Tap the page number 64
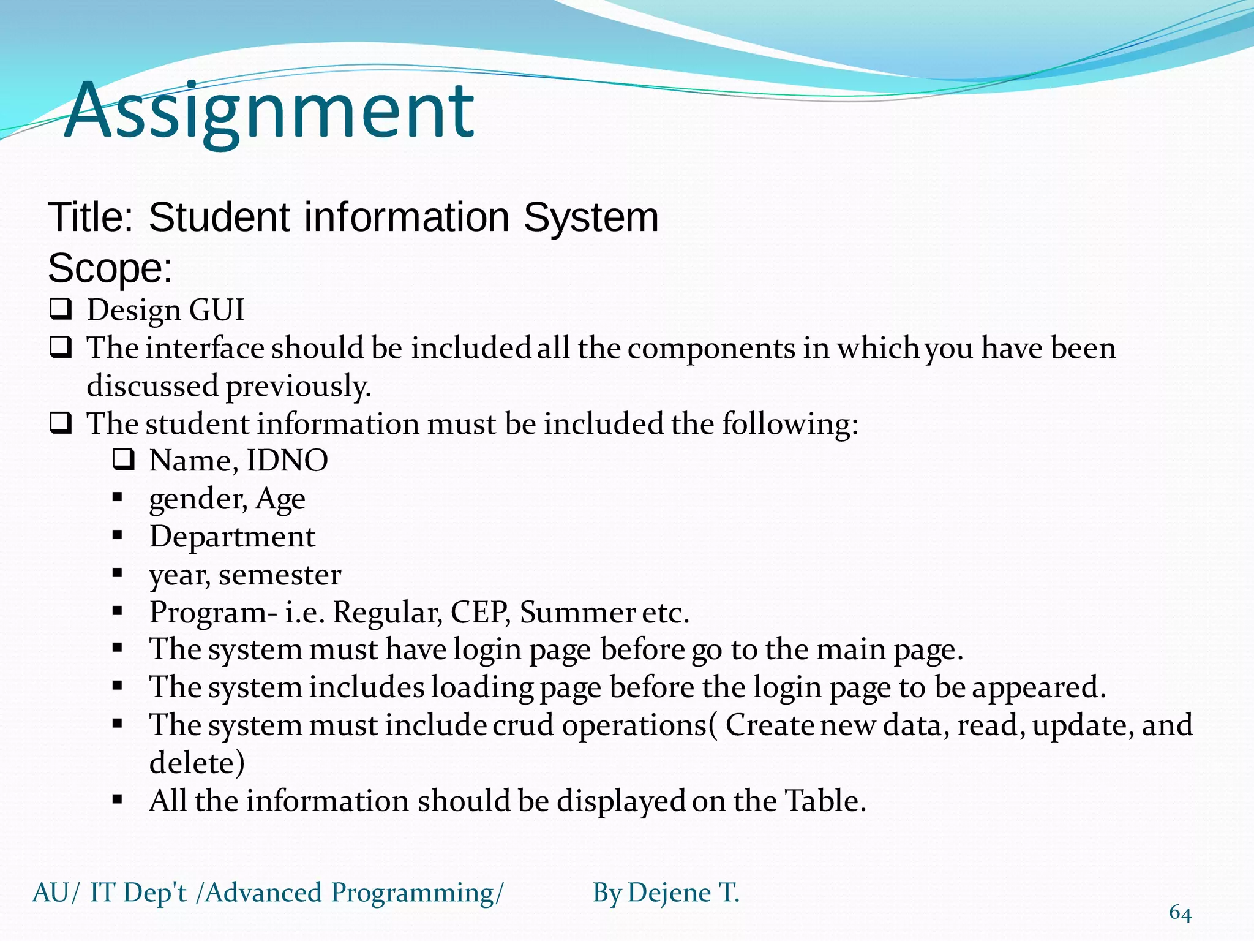1180,913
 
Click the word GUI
217,310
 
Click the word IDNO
287,461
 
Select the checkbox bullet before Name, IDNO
123,459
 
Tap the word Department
232,537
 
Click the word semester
280,575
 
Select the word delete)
197,763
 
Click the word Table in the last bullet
825,801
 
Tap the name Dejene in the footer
669,893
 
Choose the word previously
298,387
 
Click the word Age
280,499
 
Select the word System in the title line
591,217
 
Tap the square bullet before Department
118,535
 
